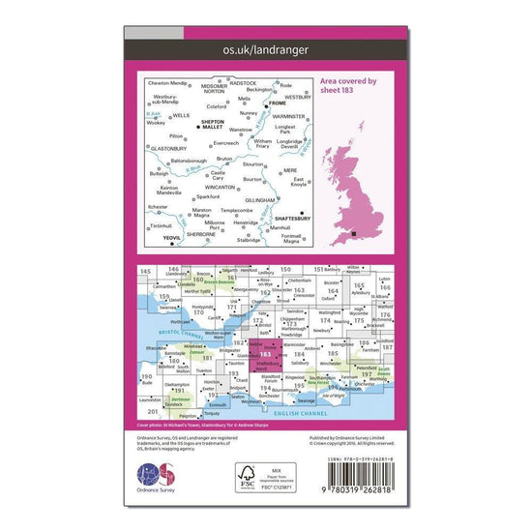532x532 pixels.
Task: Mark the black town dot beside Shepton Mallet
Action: coord(197,127)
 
